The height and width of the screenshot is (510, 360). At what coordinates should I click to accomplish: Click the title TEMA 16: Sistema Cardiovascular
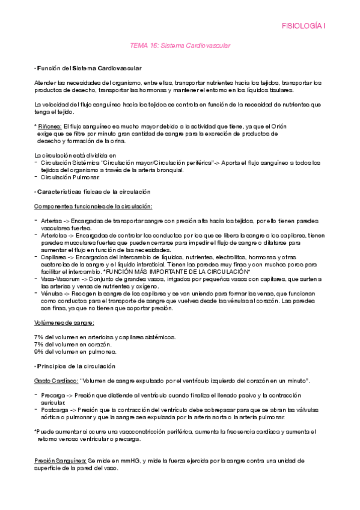(180, 45)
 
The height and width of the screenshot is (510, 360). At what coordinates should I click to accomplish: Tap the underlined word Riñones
(49, 126)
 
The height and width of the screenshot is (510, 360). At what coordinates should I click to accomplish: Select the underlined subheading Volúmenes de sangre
(60, 322)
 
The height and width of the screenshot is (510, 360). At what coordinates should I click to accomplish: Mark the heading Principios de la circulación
(81, 366)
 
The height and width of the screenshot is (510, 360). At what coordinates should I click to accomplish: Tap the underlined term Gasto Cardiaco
(55, 381)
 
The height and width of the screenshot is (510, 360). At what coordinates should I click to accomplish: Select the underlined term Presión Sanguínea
(59, 460)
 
